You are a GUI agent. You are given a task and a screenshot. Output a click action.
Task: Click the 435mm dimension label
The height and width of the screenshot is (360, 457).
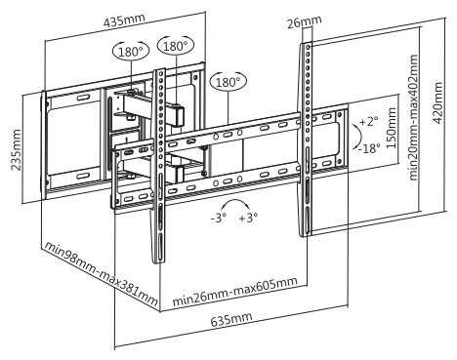coord(124,20)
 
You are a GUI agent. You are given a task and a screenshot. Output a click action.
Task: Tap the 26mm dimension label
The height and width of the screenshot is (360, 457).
coord(305,21)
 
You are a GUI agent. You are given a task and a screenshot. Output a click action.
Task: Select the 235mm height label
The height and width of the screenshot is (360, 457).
coord(16,149)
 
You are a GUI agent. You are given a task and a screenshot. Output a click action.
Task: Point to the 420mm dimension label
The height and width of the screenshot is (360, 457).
coord(437,102)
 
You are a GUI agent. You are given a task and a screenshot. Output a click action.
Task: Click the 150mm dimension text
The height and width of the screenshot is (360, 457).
coord(392,128)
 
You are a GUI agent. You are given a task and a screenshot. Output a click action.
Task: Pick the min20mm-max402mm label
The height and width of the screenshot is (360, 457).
coord(413,117)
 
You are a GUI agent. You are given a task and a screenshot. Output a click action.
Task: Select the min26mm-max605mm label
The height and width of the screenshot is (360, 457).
coord(234,292)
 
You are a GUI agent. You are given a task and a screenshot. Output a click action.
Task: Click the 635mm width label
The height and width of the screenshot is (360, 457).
coord(231,320)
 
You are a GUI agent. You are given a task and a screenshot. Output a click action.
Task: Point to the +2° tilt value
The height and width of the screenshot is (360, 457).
coord(368,122)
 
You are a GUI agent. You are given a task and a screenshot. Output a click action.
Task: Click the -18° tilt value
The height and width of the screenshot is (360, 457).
coord(369,148)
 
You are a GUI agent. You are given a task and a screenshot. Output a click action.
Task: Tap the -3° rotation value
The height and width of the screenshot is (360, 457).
coord(218,218)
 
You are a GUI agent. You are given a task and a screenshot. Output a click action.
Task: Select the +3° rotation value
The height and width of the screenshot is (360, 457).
coord(248,217)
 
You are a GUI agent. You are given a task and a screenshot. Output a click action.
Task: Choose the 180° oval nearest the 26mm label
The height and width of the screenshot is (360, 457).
coord(228,82)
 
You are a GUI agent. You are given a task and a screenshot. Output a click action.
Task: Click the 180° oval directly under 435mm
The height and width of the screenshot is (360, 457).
coord(131,52)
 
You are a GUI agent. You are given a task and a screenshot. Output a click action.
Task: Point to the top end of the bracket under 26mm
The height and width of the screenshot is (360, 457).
coord(306,44)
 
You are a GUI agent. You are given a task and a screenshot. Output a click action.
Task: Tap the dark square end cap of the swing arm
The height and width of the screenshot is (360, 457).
coord(179,116)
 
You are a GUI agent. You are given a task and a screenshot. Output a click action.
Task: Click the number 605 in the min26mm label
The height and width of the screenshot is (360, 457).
coord(265,285)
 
